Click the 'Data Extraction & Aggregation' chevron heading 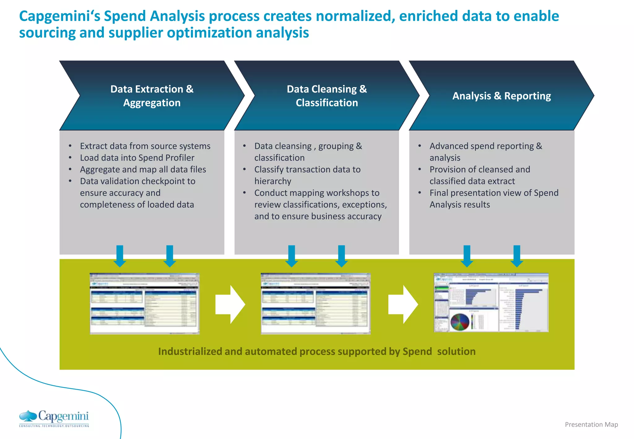click(x=152, y=96)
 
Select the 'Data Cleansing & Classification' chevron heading click(x=327, y=96)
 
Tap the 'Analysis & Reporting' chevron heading click(x=502, y=96)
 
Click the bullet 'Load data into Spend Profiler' click(x=137, y=158)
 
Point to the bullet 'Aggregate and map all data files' click(x=143, y=170)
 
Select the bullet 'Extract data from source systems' click(x=145, y=146)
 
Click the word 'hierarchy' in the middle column click(x=273, y=181)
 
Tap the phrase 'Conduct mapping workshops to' click(x=317, y=193)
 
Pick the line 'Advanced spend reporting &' click(x=486, y=146)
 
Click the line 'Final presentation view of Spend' click(x=494, y=193)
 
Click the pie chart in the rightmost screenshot click(x=460, y=322)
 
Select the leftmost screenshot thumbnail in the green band click(x=145, y=303)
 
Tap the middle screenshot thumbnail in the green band click(x=315, y=303)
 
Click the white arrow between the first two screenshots click(x=230, y=305)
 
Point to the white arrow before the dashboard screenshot click(x=403, y=305)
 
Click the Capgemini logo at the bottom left click(x=54, y=419)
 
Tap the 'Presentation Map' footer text click(x=591, y=424)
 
